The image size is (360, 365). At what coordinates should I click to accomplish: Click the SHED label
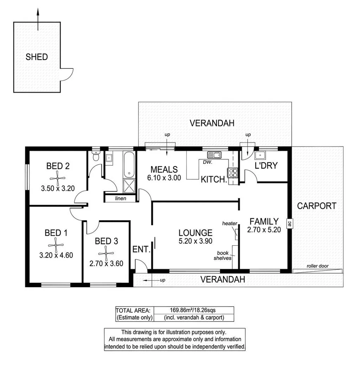(37, 57)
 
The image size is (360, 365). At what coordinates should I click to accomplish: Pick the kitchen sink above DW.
(214, 155)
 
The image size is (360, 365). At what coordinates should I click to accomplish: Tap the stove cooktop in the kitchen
(233, 173)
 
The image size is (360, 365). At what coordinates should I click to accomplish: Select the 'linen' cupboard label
(121, 198)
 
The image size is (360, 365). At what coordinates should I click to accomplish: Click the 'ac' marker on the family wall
(290, 224)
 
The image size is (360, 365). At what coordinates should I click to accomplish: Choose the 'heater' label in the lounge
(229, 223)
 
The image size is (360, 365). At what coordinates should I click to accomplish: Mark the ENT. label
(142, 250)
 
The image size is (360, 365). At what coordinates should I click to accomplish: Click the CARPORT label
(317, 206)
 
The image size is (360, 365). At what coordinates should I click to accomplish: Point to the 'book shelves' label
(223, 255)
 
